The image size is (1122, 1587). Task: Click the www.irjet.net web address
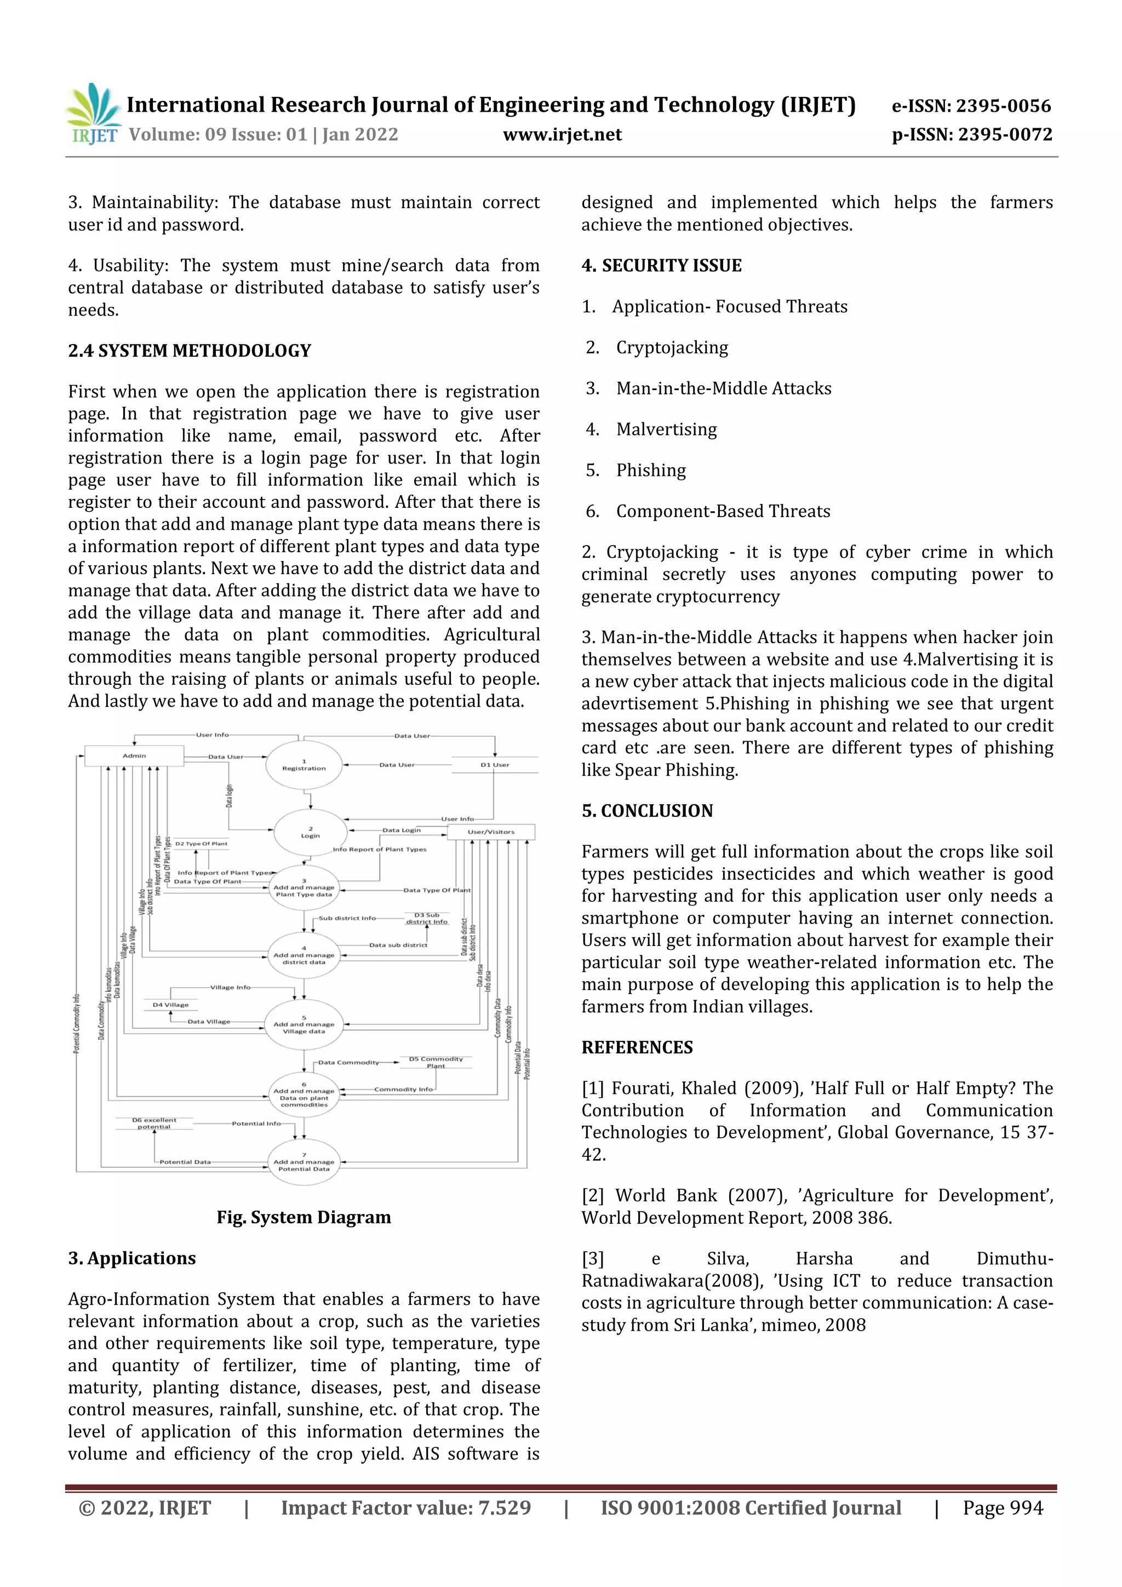(x=562, y=135)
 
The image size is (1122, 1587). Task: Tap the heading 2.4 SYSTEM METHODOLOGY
(x=190, y=351)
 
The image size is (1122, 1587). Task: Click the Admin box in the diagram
(x=134, y=755)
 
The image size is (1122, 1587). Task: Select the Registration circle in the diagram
(x=304, y=765)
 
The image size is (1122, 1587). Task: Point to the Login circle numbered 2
(x=311, y=832)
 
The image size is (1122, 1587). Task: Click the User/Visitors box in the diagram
(x=491, y=832)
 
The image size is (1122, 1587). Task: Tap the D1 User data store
(x=494, y=765)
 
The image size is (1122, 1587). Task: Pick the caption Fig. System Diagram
(x=304, y=1217)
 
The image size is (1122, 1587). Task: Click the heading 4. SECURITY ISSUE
(x=662, y=266)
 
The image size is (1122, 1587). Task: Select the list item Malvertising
(x=666, y=429)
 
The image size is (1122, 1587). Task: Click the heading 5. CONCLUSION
(x=647, y=811)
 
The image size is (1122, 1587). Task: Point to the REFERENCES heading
(x=637, y=1047)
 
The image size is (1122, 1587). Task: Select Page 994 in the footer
(x=1003, y=1508)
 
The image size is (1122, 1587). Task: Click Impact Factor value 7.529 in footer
(x=406, y=1508)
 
